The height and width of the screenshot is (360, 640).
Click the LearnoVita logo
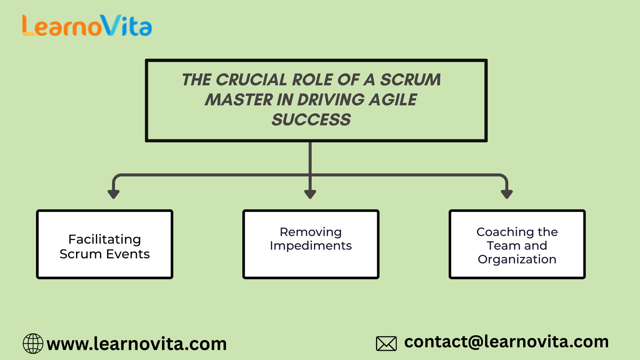[x=87, y=26]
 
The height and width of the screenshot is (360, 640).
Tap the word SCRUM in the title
[x=410, y=80]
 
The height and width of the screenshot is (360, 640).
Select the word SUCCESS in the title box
[x=311, y=120]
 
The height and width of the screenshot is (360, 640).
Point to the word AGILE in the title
[x=393, y=100]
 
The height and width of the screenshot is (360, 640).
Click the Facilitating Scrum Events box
[x=104, y=244]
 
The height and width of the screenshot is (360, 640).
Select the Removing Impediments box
[x=311, y=244]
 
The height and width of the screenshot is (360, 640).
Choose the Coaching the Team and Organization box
[x=517, y=244]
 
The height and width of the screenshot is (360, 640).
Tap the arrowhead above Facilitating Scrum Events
[x=114, y=194]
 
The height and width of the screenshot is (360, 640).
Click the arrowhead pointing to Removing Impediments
[x=310, y=194]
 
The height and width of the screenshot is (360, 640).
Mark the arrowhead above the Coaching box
[x=507, y=194]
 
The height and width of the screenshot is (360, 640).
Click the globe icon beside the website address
[x=33, y=344]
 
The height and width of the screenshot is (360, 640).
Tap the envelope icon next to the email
[x=386, y=344]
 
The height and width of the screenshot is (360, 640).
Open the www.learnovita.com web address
[x=136, y=344]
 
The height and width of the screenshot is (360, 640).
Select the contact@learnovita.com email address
[x=506, y=342]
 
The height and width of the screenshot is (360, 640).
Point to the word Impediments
[x=311, y=246]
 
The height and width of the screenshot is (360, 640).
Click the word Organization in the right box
[x=517, y=259]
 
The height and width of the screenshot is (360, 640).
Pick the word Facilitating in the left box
[x=104, y=239]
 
